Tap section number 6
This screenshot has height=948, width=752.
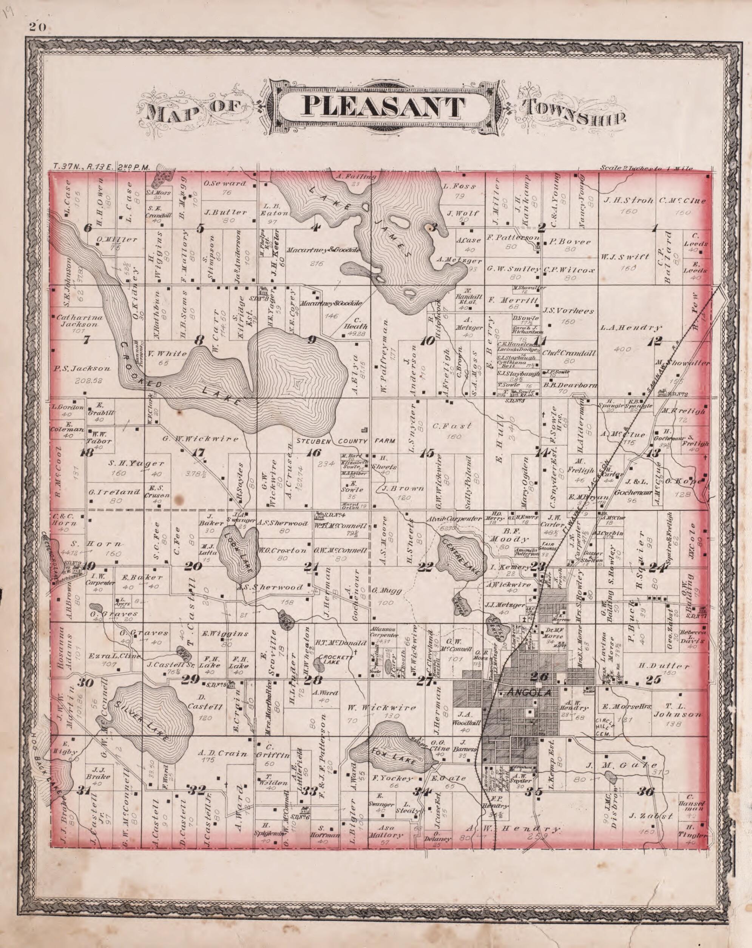(88, 228)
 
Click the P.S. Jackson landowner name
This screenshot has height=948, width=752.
(82, 368)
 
